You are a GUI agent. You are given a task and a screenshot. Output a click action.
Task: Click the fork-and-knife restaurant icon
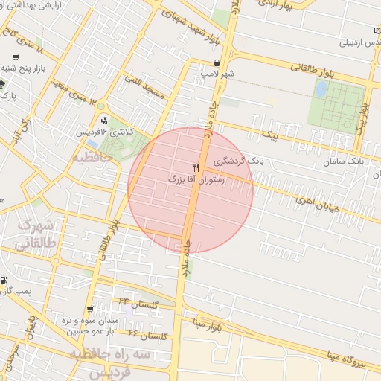pos(196,167)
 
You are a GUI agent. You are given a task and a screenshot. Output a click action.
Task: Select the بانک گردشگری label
pos(238,160)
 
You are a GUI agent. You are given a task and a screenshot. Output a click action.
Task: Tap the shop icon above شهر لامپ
pos(217,63)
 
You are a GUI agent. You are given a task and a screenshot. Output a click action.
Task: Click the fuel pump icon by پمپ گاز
pos(5,281)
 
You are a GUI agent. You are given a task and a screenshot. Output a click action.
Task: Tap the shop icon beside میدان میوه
pos(90,309)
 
